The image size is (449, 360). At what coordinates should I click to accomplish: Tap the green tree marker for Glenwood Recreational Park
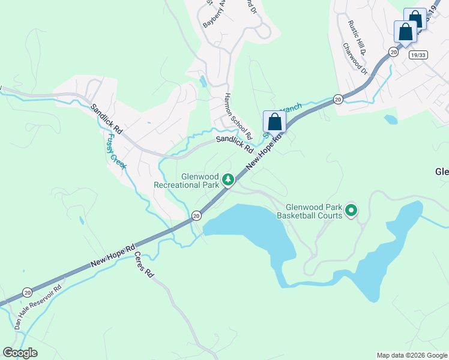coord(228,179)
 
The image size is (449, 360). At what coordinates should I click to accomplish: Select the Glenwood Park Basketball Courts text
coord(313,211)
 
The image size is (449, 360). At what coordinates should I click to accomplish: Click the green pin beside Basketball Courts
coord(351,211)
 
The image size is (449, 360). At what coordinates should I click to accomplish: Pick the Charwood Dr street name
coord(355,58)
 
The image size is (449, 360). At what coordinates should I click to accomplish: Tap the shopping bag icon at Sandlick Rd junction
coord(274,122)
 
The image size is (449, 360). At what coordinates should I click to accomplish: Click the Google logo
coord(20,353)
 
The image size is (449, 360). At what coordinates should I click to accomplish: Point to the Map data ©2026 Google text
coord(411,355)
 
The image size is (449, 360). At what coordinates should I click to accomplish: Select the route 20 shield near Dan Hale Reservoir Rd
coord(27,292)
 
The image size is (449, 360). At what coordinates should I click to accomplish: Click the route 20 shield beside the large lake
coord(196,215)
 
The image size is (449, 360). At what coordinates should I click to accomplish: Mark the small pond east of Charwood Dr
coord(391,119)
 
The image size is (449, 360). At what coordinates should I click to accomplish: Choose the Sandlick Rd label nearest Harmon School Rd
coord(235,143)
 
